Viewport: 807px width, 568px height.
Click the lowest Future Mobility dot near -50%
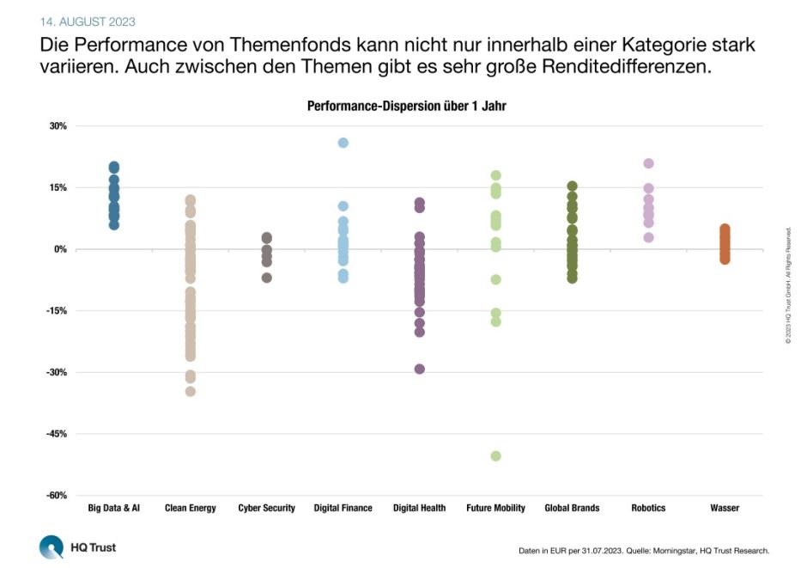click(495, 455)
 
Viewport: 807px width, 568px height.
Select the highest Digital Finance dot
click(343, 143)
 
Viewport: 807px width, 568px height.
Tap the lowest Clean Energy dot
click(191, 391)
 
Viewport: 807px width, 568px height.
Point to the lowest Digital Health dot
click(420, 369)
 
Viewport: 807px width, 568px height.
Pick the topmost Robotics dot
click(649, 163)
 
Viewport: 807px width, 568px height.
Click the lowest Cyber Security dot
click(267, 278)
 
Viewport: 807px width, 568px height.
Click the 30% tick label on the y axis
click(58, 126)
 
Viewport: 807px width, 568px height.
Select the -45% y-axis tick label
click(56, 434)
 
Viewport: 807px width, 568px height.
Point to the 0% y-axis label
click(60, 249)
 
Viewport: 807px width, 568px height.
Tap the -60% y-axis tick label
click(56, 496)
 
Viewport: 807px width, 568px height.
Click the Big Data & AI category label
click(113, 508)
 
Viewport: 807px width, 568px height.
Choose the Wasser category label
click(725, 508)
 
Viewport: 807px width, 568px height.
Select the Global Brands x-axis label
click(572, 508)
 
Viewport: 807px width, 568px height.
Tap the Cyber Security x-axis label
click(266, 508)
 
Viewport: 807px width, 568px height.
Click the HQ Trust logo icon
click(52, 547)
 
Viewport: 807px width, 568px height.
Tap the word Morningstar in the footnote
click(677, 551)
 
